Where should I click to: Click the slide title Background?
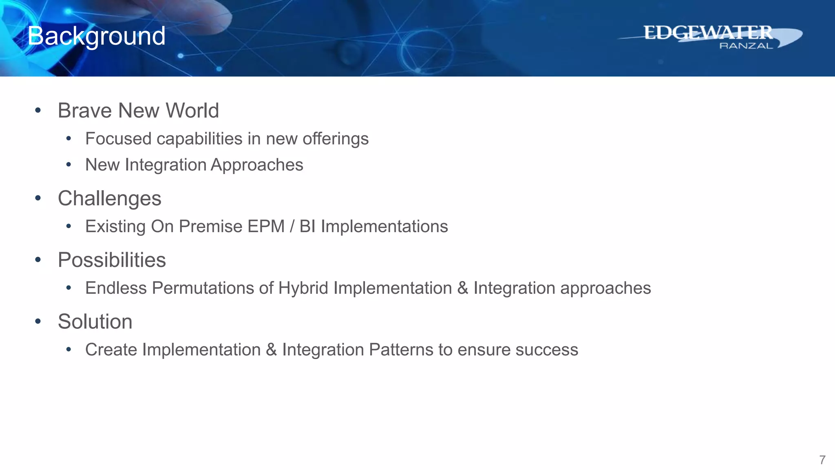[x=96, y=36]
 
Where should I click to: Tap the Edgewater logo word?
[x=708, y=33]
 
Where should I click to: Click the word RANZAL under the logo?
[x=746, y=46]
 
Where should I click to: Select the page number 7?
[x=822, y=460]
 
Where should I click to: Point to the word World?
[x=192, y=111]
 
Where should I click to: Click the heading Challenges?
[x=109, y=199]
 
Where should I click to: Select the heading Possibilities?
[x=112, y=260]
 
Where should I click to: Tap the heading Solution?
[x=95, y=322]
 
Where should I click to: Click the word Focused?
[x=118, y=139]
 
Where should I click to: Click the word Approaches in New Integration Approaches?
[x=257, y=165]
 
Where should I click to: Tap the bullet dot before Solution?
[x=38, y=321]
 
